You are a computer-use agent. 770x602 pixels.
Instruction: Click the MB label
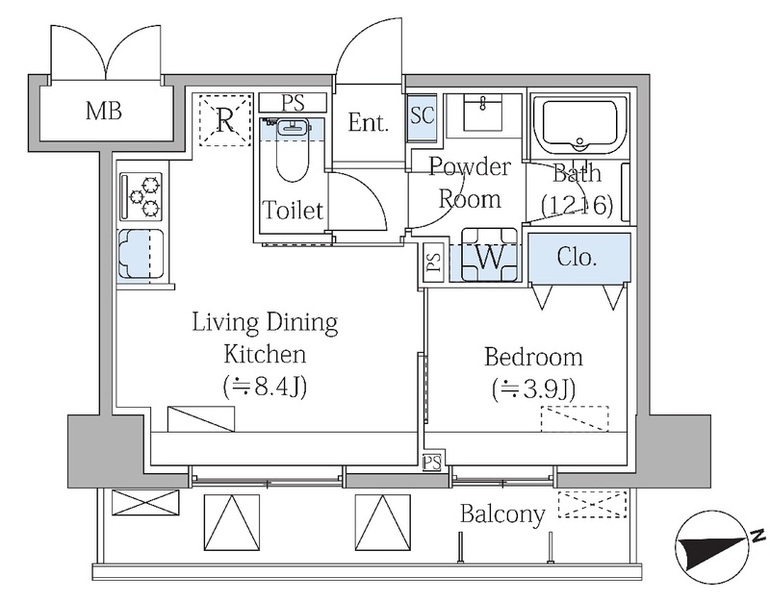tap(104, 111)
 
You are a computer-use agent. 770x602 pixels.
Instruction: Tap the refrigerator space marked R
tap(225, 119)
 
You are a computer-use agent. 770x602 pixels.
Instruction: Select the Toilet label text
tap(294, 210)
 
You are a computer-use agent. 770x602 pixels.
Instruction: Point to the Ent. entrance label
tap(368, 122)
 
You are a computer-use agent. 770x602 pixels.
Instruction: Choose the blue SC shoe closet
tap(422, 115)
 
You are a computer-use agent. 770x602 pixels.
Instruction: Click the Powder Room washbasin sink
tap(483, 113)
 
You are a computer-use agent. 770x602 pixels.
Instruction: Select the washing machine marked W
tap(489, 255)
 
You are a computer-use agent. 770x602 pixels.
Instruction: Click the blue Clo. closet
tap(578, 259)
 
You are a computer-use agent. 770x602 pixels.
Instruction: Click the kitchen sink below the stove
tap(141, 255)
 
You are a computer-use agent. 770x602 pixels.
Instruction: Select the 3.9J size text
tap(534, 390)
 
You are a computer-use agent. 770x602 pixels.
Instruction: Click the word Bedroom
tap(533, 357)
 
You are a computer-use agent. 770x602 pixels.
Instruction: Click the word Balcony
tap(502, 514)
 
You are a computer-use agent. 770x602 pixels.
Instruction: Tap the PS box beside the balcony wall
tap(432, 463)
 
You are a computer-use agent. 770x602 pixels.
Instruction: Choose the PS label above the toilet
tap(294, 103)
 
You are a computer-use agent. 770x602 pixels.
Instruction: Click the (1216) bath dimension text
tap(577, 206)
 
